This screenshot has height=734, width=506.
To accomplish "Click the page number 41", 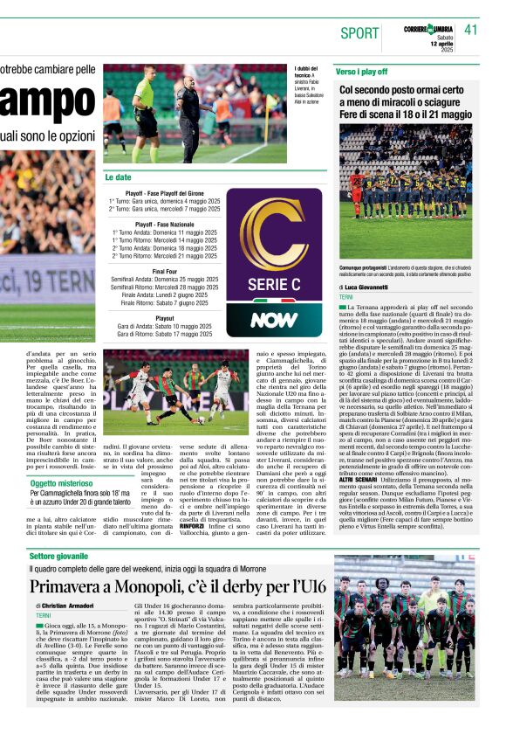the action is (471, 31).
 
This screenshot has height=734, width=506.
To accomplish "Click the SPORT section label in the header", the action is (359, 33).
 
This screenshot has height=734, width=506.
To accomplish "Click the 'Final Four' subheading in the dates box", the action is (164, 272).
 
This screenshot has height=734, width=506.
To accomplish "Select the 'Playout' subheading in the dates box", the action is (164, 319).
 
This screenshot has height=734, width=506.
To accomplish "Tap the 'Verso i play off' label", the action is (361, 71).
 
